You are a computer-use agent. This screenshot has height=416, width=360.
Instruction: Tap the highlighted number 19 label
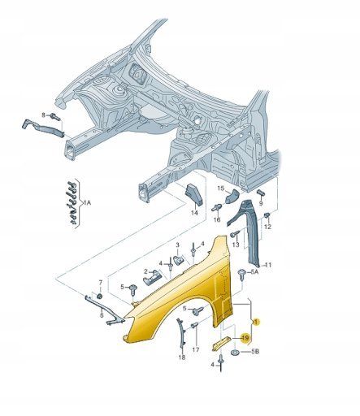245,338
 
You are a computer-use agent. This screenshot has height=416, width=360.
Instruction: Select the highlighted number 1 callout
256,322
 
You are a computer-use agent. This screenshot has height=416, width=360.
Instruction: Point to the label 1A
87,202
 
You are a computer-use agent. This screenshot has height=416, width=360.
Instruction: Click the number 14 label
194,213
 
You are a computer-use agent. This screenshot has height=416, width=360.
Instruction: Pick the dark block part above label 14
193,194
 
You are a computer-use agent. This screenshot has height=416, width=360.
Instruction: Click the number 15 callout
221,188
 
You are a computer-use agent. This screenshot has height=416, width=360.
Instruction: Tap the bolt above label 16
216,208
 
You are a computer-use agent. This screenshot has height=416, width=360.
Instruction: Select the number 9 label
261,203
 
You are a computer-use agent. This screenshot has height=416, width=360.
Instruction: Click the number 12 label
267,227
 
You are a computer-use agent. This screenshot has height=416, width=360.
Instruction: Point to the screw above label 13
235,233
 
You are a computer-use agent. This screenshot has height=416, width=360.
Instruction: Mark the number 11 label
268,265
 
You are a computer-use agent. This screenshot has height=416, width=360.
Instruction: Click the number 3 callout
178,245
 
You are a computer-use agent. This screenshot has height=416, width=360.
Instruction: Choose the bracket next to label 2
152,278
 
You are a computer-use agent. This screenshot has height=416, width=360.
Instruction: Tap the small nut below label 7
100,296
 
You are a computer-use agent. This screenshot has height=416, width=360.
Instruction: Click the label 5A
254,271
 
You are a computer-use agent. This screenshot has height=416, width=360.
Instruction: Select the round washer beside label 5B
235,353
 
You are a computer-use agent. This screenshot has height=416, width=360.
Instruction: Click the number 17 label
196,349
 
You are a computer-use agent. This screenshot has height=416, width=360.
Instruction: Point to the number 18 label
182,357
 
